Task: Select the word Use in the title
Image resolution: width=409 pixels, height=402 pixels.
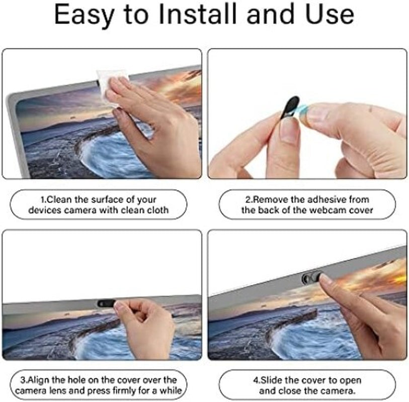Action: click(x=330, y=15)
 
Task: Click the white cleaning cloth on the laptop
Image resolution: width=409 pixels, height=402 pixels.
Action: click(x=113, y=87)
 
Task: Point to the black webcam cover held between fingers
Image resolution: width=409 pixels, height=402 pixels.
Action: click(x=290, y=107)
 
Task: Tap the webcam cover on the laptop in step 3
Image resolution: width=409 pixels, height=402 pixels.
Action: click(x=106, y=303)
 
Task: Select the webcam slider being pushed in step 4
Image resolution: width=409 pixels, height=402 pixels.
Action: click(x=311, y=277)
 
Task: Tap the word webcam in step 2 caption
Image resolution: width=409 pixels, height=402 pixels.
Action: click(x=323, y=210)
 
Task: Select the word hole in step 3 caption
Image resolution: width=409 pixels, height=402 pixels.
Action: click(x=76, y=380)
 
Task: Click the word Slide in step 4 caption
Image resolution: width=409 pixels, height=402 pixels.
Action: click(x=272, y=380)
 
